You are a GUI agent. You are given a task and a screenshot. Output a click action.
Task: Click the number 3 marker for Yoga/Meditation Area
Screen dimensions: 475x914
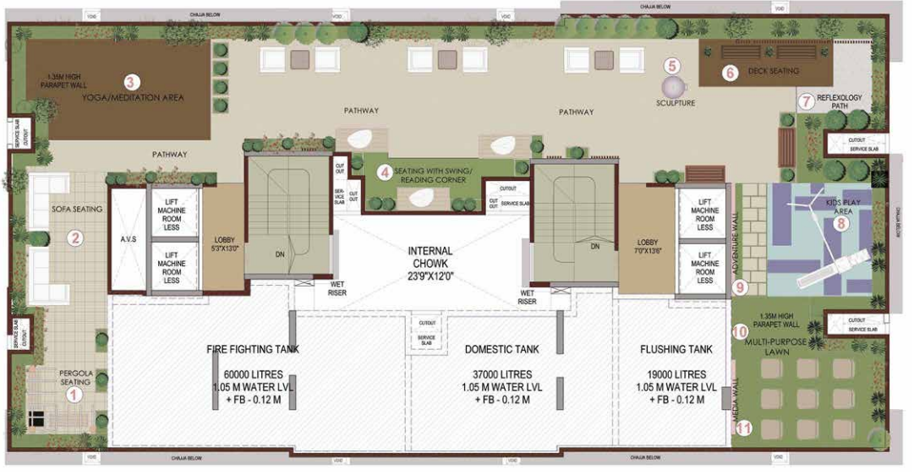pyautogui.click(x=130, y=82)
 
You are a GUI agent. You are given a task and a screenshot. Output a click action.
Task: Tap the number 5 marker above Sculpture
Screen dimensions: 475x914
pyautogui.click(x=672, y=65)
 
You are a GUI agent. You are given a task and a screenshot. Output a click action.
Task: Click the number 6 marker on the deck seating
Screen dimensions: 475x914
pyautogui.click(x=730, y=72)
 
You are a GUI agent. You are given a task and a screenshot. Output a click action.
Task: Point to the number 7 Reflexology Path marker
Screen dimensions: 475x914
pyautogui.click(x=807, y=101)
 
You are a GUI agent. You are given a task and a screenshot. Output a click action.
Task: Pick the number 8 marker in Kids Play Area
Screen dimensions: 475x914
pyautogui.click(x=840, y=224)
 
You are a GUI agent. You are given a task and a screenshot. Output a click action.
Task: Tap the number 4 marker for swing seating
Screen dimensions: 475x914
pyautogui.click(x=384, y=172)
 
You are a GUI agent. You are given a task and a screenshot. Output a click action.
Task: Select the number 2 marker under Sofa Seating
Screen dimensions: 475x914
pyautogui.click(x=75, y=237)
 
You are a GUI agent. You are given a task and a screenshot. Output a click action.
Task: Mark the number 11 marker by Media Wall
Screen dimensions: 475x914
pyautogui.click(x=743, y=429)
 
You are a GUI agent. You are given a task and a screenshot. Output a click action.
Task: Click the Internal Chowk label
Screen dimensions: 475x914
pyautogui.click(x=430, y=256)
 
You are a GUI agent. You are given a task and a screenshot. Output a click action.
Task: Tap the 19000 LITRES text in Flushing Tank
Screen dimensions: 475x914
pyautogui.click(x=676, y=374)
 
